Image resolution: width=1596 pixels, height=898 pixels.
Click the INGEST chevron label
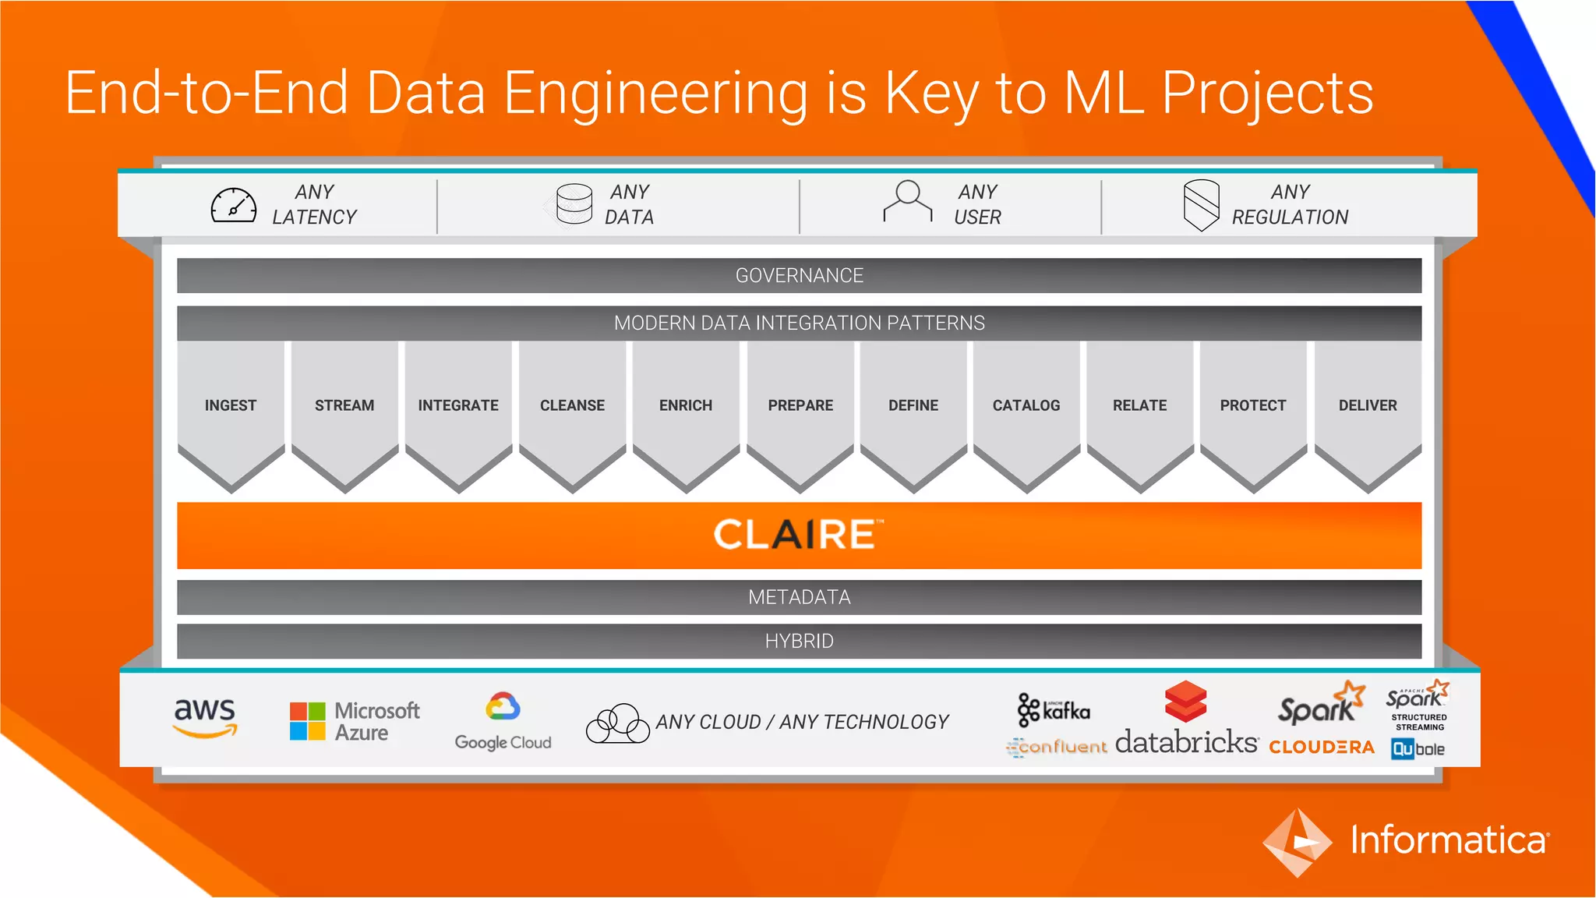click(231, 405)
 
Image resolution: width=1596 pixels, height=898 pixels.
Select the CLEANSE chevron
click(572, 405)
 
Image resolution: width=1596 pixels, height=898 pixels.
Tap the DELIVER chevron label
click(1368, 405)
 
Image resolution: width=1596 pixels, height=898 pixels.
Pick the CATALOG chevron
click(1026, 405)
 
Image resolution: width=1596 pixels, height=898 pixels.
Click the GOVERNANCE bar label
click(799, 276)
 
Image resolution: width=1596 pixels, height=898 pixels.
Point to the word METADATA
click(799, 597)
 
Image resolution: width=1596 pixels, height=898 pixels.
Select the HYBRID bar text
click(799, 641)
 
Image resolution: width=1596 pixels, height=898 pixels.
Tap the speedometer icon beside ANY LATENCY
click(234, 206)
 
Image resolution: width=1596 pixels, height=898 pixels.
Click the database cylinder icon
click(574, 204)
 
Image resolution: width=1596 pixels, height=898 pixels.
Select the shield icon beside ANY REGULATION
click(1201, 205)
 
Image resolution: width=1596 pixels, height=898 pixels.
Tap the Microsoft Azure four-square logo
click(308, 721)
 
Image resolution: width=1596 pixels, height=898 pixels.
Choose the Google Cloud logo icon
click(503, 707)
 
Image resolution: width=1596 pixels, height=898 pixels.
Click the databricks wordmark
click(1186, 741)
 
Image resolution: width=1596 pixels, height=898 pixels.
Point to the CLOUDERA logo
click(1322, 747)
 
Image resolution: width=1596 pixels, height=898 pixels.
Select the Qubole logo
click(1418, 749)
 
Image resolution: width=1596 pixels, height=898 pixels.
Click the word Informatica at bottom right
click(1449, 840)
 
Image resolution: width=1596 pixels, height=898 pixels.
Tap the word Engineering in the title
click(655, 94)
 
